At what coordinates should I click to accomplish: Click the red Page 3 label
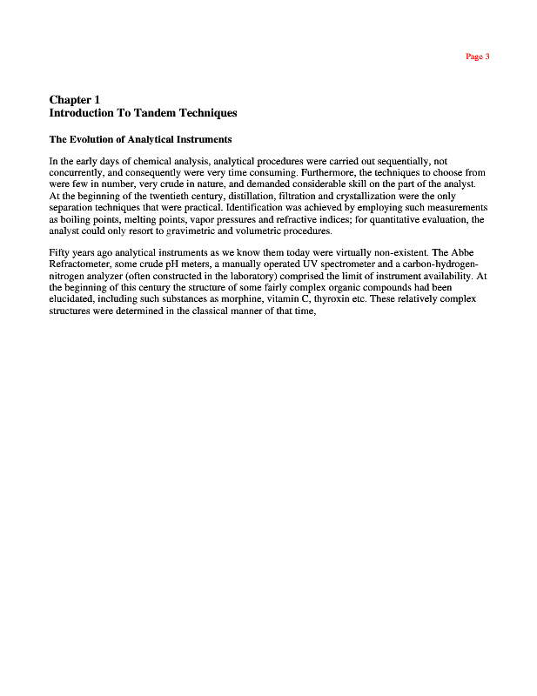[x=478, y=57]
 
